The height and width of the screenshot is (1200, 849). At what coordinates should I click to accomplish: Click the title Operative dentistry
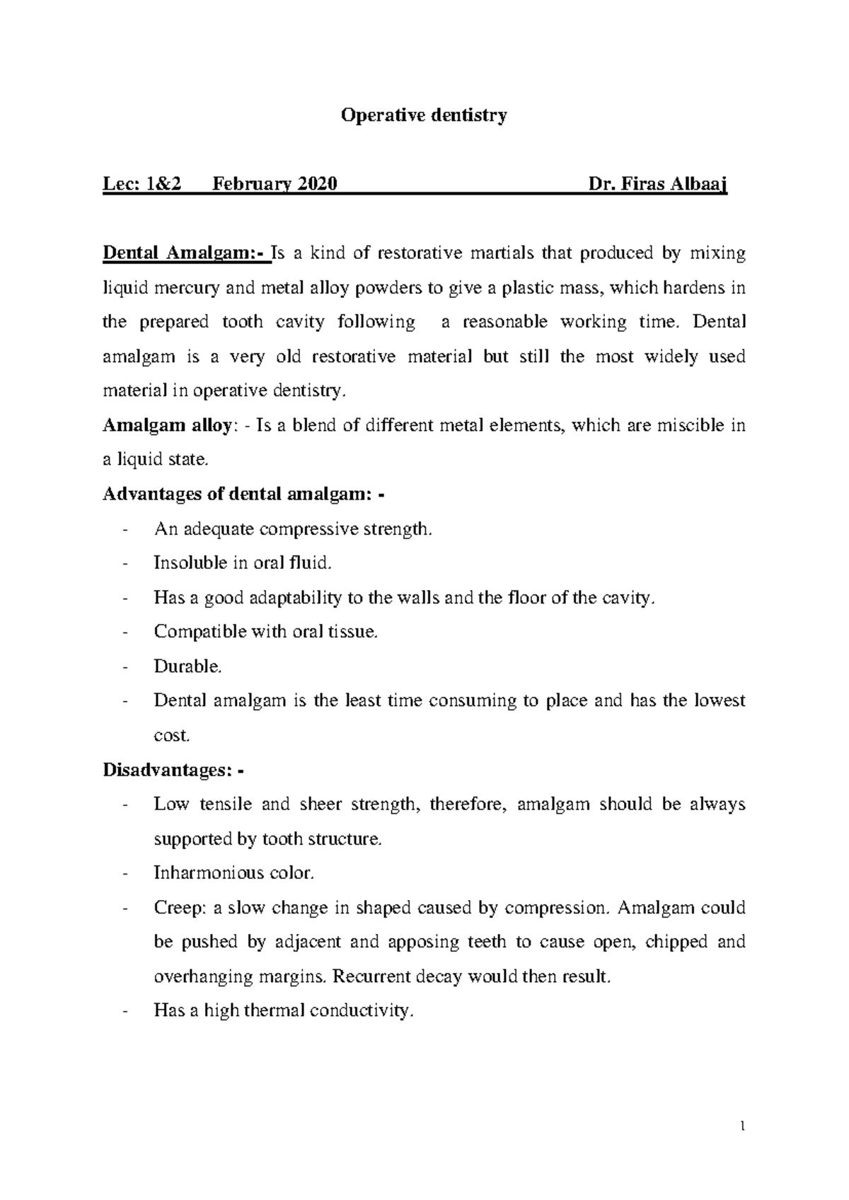pos(424,115)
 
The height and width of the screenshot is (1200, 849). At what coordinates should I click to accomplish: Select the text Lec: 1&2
pos(142,185)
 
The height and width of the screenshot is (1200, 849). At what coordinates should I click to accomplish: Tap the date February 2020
pos(275,185)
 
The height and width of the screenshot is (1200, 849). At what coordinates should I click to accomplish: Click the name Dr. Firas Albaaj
pos(658,185)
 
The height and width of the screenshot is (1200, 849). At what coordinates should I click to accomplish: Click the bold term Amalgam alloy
pos(167,426)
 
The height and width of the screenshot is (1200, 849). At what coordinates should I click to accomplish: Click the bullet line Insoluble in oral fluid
pos(243,563)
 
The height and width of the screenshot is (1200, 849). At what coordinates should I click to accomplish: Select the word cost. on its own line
pos(172,735)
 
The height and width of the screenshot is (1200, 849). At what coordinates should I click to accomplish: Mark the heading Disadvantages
pos(170,770)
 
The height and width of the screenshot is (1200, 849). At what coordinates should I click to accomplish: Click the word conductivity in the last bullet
pos(362,1011)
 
